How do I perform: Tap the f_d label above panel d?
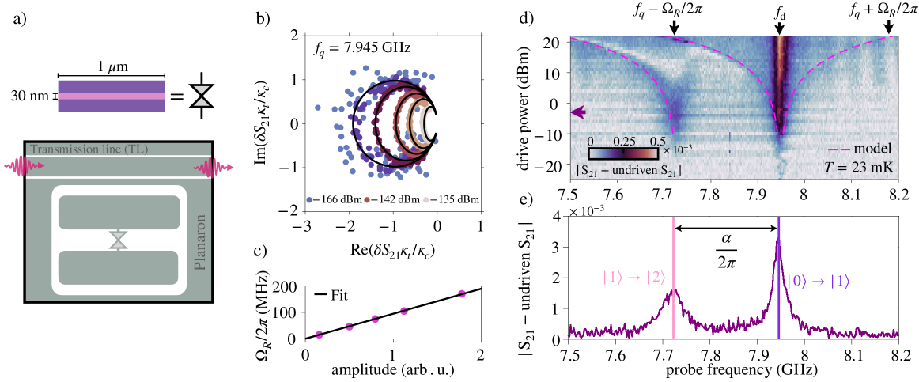point(778,13)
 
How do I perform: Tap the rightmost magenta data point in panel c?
point(462,294)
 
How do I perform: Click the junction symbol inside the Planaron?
point(118,240)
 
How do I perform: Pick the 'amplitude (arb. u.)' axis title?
point(392,370)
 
